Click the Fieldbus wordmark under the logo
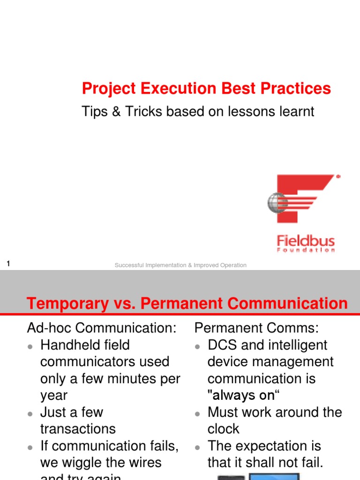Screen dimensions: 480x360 (306, 241)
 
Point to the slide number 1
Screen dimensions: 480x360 (8, 264)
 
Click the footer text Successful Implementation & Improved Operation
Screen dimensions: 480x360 (180, 265)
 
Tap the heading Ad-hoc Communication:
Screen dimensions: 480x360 (102, 328)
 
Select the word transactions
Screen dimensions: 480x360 (78, 429)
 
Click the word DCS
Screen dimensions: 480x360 (224, 345)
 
